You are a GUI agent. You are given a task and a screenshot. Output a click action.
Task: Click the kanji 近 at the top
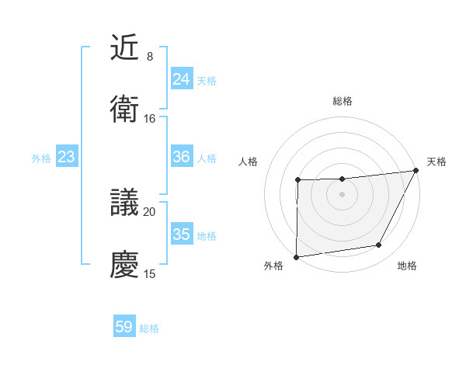[x=125, y=49]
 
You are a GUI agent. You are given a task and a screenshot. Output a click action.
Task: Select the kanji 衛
[x=125, y=110]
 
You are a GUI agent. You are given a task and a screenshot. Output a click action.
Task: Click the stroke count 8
[x=149, y=57]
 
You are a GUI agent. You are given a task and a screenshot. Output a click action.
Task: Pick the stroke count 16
[x=150, y=119]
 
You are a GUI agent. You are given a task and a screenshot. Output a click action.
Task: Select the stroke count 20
[x=150, y=212]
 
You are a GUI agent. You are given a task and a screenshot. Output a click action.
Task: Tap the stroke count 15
[x=150, y=273]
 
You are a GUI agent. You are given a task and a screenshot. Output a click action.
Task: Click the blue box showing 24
[x=182, y=78]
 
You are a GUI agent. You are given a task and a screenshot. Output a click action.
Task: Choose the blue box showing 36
[x=182, y=157]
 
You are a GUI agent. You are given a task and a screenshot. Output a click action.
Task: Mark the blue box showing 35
[x=182, y=235]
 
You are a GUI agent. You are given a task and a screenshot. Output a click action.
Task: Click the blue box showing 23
[x=67, y=157]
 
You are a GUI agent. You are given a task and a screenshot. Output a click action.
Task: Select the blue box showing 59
[x=124, y=327]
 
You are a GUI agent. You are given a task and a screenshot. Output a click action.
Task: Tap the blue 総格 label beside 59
[x=149, y=328]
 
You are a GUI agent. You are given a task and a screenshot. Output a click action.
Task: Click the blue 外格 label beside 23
[x=41, y=158]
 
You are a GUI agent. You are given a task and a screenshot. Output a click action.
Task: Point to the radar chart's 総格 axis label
[x=343, y=101]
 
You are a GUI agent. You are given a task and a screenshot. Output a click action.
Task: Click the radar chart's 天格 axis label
[x=436, y=162]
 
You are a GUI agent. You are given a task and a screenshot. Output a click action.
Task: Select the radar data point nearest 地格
[x=379, y=245]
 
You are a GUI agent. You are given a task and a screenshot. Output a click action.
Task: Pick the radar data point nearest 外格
[x=296, y=257]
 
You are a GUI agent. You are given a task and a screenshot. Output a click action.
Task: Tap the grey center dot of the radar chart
[x=342, y=194]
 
